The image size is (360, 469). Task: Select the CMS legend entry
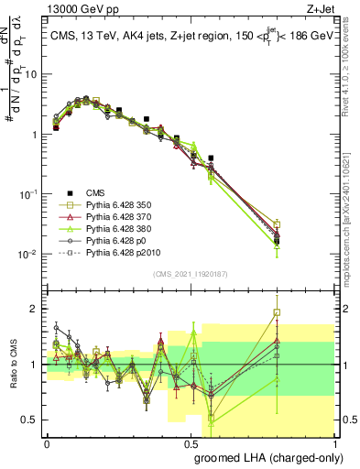[x=94, y=192]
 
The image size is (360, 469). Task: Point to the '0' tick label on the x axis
[x=47, y=442]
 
